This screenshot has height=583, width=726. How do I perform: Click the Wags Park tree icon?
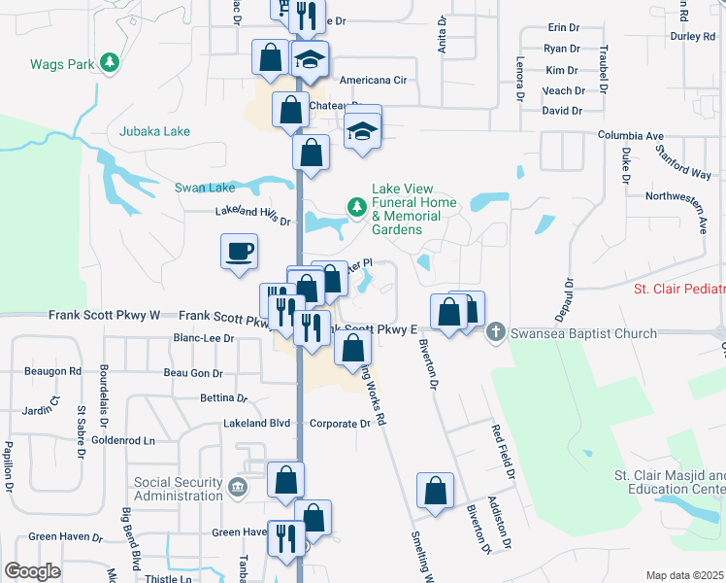[x=110, y=63]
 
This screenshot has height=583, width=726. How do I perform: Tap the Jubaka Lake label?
[x=154, y=131]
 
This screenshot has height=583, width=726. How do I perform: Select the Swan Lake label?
[x=205, y=188]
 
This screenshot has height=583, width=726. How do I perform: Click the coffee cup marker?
[x=239, y=253]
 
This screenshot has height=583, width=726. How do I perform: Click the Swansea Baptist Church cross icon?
[x=495, y=332]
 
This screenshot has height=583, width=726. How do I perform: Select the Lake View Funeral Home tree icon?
[x=356, y=206]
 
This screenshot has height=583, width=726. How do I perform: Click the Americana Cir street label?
[x=372, y=81]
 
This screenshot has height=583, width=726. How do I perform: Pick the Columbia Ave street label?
[x=630, y=136]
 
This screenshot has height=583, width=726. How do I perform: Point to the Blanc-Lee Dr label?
[x=203, y=338]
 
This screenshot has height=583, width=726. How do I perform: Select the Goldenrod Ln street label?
[x=123, y=440]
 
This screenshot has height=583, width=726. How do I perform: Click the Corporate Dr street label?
[x=340, y=424]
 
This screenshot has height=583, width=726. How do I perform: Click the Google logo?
[x=32, y=570]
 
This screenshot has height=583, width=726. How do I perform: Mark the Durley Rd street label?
[x=691, y=37]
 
